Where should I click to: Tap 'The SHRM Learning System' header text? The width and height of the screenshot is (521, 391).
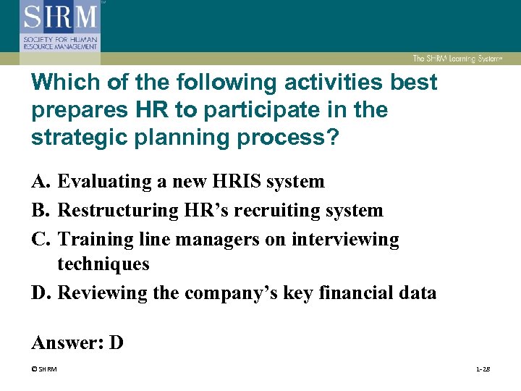click(x=457, y=59)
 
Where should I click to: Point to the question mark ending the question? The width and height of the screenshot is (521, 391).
click(x=332, y=138)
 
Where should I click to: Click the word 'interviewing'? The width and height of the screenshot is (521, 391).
click(x=345, y=239)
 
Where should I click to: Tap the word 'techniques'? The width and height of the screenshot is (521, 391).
click(x=103, y=264)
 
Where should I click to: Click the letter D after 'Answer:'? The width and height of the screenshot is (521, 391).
click(x=117, y=342)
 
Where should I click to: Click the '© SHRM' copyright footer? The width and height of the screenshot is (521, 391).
click(x=44, y=369)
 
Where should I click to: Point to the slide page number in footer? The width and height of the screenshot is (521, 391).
click(x=483, y=369)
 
